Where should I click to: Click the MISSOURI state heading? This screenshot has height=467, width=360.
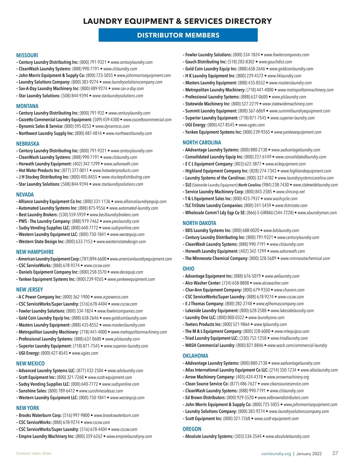27,55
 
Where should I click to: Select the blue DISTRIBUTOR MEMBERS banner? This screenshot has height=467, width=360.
178,35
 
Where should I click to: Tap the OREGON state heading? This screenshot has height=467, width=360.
192,429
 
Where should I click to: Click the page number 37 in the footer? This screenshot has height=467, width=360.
335,453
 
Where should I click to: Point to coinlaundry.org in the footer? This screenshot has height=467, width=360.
276,454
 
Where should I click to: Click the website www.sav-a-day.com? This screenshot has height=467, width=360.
127,89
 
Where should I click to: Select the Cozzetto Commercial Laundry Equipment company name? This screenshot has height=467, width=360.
55,120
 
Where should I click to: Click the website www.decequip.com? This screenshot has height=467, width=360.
127,272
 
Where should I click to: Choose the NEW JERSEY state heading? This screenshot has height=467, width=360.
29,290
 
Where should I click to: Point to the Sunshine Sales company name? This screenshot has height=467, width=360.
33,391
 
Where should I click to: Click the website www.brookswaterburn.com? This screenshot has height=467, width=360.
116,415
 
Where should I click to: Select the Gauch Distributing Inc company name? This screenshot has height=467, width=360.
206,62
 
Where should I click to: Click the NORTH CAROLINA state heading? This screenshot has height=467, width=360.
202,143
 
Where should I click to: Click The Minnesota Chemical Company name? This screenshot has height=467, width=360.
216,258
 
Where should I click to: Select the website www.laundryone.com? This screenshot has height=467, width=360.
266,317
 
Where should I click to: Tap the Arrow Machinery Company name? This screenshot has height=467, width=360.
210,377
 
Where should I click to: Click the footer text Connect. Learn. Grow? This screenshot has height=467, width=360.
34,453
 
